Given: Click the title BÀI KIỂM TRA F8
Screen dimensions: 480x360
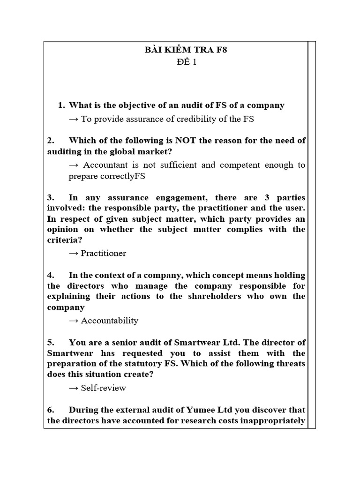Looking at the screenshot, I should [x=186, y=51].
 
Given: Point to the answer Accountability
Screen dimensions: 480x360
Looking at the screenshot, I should [x=110, y=321].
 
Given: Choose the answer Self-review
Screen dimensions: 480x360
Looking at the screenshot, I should [x=104, y=388].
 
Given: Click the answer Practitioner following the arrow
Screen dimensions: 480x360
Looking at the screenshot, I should [x=104, y=253].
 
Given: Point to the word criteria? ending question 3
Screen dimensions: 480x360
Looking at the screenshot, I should [x=63, y=240].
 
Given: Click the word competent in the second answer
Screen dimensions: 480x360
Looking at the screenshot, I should [x=237, y=165].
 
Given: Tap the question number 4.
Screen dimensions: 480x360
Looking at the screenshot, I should [x=51, y=275].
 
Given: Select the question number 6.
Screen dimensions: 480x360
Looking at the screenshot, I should [x=51, y=410].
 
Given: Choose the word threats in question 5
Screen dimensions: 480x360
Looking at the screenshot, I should [x=290, y=364].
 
